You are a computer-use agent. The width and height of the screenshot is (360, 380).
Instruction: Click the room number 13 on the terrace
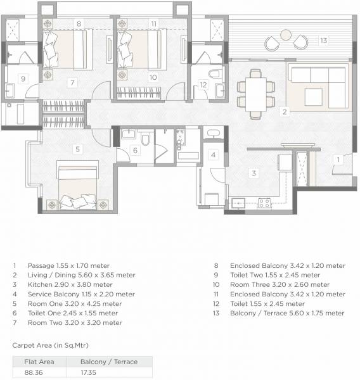click(x=323, y=41)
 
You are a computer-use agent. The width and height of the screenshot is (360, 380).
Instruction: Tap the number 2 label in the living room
click(x=285, y=112)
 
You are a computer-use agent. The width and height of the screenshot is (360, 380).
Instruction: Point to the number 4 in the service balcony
click(x=214, y=155)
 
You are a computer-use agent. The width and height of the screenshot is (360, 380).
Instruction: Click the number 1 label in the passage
click(x=340, y=159)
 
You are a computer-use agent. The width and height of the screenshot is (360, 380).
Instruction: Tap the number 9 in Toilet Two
click(x=23, y=79)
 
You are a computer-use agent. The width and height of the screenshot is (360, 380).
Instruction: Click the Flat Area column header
click(x=35, y=362)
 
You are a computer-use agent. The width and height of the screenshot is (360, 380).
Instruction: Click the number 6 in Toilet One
click(x=135, y=150)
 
